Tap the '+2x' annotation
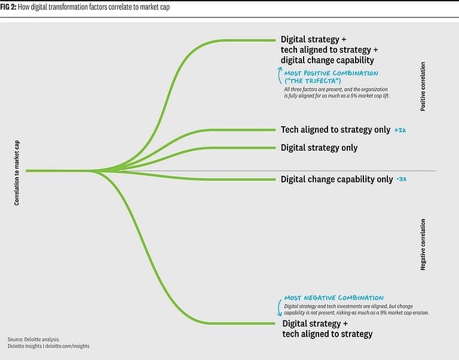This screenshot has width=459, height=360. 400,130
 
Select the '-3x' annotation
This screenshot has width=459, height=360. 402,179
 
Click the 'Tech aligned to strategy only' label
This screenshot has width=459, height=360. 335,130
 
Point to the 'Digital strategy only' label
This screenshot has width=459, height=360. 319,147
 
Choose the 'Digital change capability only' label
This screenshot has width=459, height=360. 336,179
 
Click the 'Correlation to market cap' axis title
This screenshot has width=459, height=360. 17,173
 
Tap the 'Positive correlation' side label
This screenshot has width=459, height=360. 423,87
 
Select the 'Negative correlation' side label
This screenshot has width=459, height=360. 423,244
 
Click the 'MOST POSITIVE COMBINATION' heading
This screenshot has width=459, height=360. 331,73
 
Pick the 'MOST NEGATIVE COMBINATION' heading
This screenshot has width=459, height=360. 333,298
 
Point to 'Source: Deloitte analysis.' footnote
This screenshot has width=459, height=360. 34,339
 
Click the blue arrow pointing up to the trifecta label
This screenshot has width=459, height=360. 279,74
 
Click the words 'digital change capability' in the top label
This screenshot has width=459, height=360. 327,60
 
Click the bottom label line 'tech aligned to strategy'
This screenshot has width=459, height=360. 327,334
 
